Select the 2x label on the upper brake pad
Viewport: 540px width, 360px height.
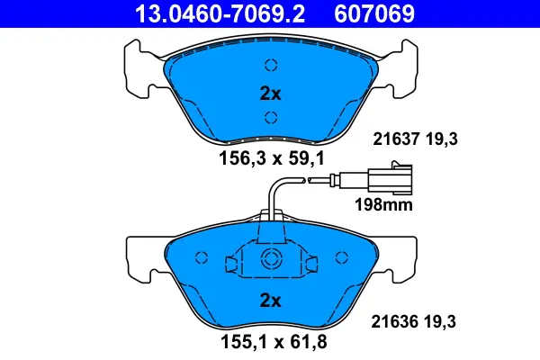[x=270, y=93]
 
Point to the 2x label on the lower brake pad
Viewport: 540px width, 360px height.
[x=270, y=299]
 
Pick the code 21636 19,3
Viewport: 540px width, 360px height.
[x=416, y=321]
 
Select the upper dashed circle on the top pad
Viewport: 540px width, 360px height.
[x=270, y=64]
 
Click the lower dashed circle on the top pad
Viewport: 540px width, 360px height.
[x=270, y=116]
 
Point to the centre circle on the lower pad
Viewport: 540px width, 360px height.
[x=270, y=261]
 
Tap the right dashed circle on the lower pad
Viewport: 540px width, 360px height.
[x=340, y=258]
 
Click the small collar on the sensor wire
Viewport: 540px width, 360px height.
[x=321, y=184]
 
